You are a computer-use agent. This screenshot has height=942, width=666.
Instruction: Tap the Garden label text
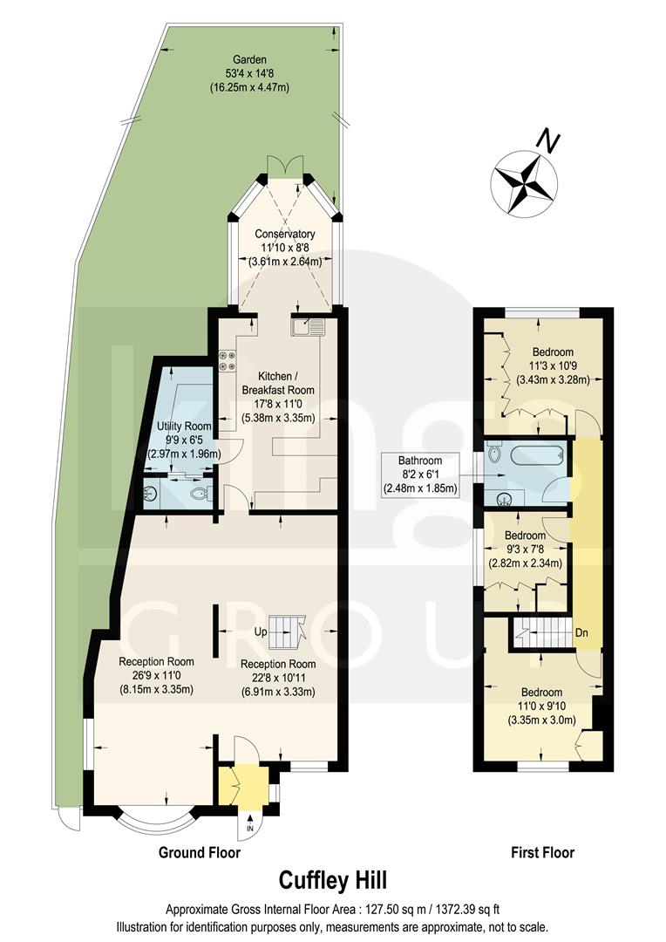coord(249,73)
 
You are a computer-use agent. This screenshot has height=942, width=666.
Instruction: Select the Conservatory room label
coord(284,247)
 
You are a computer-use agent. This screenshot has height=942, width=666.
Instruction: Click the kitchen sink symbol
coord(309,327)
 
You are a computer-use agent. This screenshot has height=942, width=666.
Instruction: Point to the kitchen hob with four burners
coord(228,360)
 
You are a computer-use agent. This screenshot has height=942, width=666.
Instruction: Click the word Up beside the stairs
coord(260,631)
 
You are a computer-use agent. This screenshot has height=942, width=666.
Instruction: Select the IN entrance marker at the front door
coord(250,827)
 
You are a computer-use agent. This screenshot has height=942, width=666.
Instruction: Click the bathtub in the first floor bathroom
coord(535,456)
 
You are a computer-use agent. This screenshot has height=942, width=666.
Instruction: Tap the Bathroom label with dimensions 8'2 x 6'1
coord(420,474)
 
